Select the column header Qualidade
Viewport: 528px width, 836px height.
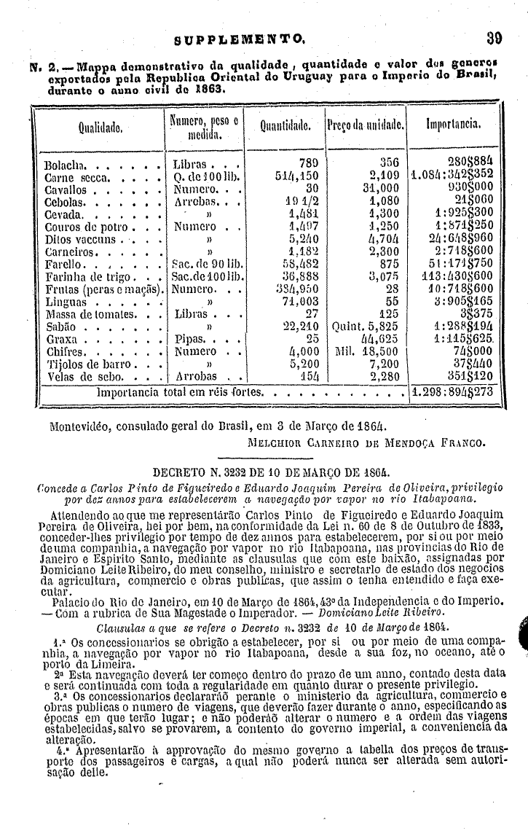click(100, 125)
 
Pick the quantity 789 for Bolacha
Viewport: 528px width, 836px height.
click(310, 162)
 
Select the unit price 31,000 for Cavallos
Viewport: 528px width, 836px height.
click(382, 188)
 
